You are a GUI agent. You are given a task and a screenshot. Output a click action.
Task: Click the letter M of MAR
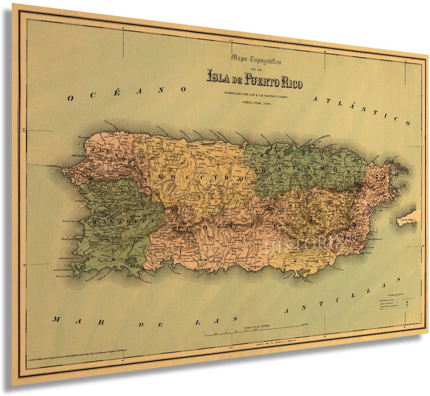(x=56, y=319)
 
